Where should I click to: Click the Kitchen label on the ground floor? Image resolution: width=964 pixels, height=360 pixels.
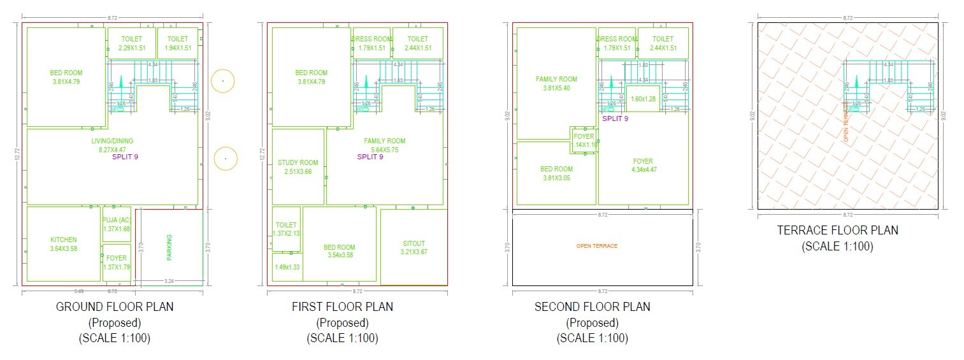(64, 240)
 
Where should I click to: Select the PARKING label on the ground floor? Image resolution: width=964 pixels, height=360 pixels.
(169, 247)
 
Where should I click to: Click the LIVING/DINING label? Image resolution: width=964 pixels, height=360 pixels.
(112, 141)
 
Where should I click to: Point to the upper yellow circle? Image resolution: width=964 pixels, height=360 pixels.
(223, 81)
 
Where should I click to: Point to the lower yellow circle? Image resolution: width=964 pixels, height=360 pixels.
(225, 158)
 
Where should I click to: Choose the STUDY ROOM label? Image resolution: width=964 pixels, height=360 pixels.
(298, 163)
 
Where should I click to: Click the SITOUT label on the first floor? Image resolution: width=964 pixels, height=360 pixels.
(414, 243)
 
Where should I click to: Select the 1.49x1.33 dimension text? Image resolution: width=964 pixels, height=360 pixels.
(287, 267)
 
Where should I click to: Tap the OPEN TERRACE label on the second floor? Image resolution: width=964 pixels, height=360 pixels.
(596, 246)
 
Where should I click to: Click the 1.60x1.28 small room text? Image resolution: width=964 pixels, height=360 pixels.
(643, 99)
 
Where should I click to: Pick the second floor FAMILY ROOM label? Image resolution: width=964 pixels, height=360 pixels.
(556, 80)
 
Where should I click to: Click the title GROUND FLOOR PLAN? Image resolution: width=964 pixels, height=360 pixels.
(115, 306)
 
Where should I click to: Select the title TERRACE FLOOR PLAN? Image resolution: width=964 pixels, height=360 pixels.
(837, 230)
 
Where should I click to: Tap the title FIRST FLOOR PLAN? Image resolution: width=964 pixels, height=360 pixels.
(342, 306)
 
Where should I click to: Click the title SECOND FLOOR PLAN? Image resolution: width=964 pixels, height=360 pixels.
(592, 306)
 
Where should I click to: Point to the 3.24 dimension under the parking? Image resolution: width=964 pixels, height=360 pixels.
(169, 280)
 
